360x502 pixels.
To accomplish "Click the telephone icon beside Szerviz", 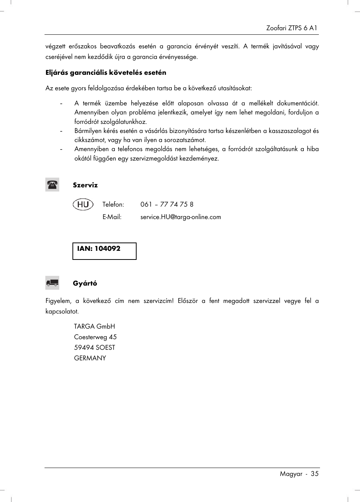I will (x=52, y=185).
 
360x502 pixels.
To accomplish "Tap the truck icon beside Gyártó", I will (x=52, y=283).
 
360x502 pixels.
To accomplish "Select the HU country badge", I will (x=83, y=204).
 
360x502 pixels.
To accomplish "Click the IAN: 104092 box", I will (x=104, y=251).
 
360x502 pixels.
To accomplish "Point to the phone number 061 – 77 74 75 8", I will (x=167, y=204).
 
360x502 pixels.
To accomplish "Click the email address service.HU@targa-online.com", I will (x=180, y=217).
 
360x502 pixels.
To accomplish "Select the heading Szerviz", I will (x=85, y=185).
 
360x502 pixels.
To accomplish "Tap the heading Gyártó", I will (x=85, y=283).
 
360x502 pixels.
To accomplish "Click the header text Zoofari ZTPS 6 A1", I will (x=291, y=28).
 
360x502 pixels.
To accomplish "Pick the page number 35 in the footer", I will (x=315, y=474).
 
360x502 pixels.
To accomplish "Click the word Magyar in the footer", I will (x=291, y=474).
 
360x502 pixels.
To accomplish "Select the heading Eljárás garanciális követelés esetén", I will (x=106, y=73).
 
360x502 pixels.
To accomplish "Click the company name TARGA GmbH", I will (x=94, y=326).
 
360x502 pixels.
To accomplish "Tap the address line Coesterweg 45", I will (x=95, y=337).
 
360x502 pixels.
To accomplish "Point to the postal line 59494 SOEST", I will (x=94, y=348).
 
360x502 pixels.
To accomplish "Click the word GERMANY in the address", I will (x=90, y=358).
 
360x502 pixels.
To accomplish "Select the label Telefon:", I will (x=113, y=204).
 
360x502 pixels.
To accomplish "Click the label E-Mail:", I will (x=112, y=217).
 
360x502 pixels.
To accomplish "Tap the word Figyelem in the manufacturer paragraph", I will (x=58, y=301).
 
